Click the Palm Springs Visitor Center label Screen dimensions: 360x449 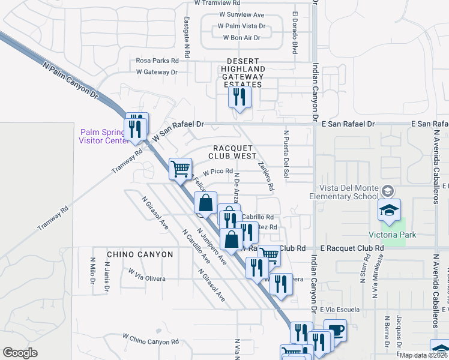click(x=103, y=136)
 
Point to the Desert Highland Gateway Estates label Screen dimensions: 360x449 click(x=243, y=73)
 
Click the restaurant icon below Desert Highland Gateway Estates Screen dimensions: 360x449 click(x=240, y=98)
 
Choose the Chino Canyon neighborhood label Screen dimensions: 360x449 click(x=140, y=254)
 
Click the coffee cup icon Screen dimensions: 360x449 click(x=336, y=330)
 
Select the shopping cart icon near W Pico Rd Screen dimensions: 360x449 click(x=180, y=169)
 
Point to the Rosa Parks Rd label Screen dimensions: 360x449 click(x=157, y=61)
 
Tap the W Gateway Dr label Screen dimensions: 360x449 click(x=157, y=72)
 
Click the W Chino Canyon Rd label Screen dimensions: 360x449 click(x=151, y=340)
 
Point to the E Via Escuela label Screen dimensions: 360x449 click(x=340, y=310)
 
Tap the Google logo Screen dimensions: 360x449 click(x=20, y=353)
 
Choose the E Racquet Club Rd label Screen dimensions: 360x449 click(x=351, y=248)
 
